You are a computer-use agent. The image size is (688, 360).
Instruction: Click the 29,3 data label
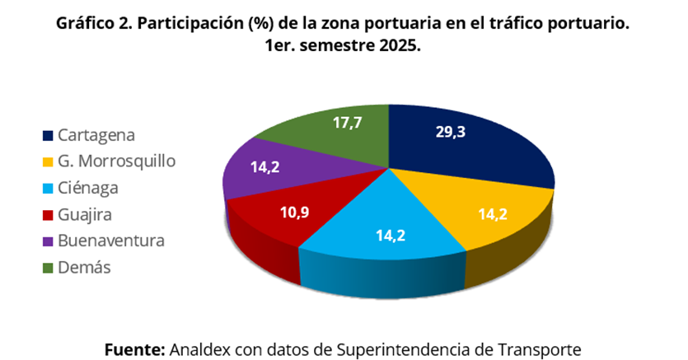(450, 132)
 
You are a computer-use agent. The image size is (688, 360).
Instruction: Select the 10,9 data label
(293, 212)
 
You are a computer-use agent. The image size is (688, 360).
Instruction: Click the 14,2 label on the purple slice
(264, 166)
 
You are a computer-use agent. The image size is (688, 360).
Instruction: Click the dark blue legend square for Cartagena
(48, 135)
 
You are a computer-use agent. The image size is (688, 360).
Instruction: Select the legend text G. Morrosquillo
(116, 161)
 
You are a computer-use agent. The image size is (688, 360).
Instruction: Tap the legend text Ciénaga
(88, 188)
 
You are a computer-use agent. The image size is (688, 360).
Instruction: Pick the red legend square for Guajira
(48, 215)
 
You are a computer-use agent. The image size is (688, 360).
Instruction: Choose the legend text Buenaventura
(111, 241)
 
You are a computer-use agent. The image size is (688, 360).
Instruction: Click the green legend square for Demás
(48, 268)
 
